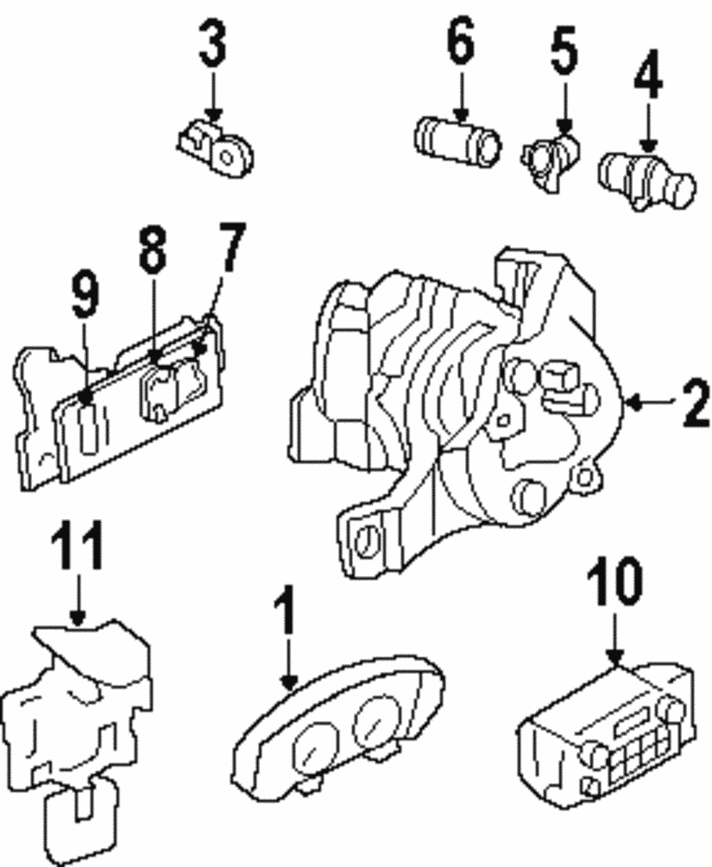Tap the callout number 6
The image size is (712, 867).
point(460,44)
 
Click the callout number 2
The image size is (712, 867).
point(694,404)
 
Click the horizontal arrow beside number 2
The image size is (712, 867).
point(651,404)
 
